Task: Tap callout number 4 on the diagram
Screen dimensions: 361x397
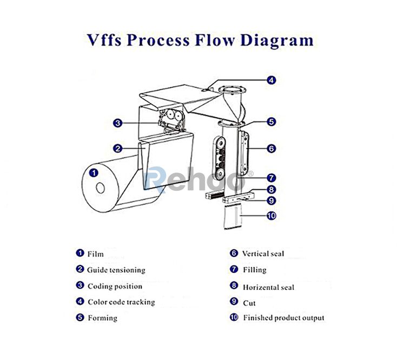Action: pos(272,80)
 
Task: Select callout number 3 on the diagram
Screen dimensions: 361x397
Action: pos(118,123)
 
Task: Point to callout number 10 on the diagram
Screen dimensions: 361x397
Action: pos(272,216)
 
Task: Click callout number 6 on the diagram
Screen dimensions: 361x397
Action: pos(272,147)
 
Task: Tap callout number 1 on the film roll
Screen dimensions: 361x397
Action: pos(93,173)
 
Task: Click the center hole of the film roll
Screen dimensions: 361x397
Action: pos(101,188)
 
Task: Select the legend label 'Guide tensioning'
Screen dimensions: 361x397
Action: pos(116,270)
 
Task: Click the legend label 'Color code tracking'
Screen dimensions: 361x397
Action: pos(121,302)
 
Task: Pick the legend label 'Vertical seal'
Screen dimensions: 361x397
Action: pos(263,254)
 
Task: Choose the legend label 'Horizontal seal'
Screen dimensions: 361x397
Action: pos(268,287)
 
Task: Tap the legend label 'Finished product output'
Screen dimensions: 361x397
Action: pos(283,318)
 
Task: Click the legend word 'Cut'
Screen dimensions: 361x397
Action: pos(249,303)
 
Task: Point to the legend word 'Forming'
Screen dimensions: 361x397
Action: pos(102,318)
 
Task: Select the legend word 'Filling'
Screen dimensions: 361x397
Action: pos(255,269)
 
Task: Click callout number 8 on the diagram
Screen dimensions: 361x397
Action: pos(272,190)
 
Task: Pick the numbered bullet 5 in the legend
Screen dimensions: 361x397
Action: pos(80,318)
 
